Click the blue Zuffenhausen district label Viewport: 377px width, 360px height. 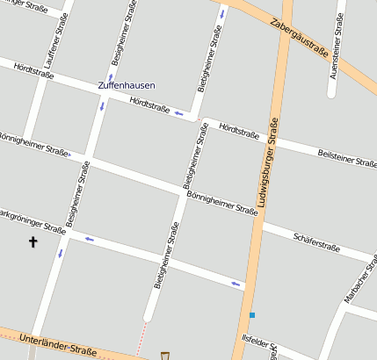127,86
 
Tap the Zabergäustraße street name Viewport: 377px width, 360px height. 300,39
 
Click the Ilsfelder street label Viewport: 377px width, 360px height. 260,342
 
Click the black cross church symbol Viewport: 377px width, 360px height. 33,241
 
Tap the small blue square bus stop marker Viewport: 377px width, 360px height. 251,315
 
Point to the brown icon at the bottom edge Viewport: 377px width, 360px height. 164,355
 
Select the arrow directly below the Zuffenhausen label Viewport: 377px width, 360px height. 101,105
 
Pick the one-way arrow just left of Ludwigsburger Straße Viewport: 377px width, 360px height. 236,283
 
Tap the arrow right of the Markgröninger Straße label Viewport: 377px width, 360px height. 89,238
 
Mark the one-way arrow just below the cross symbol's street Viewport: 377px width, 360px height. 61,253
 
